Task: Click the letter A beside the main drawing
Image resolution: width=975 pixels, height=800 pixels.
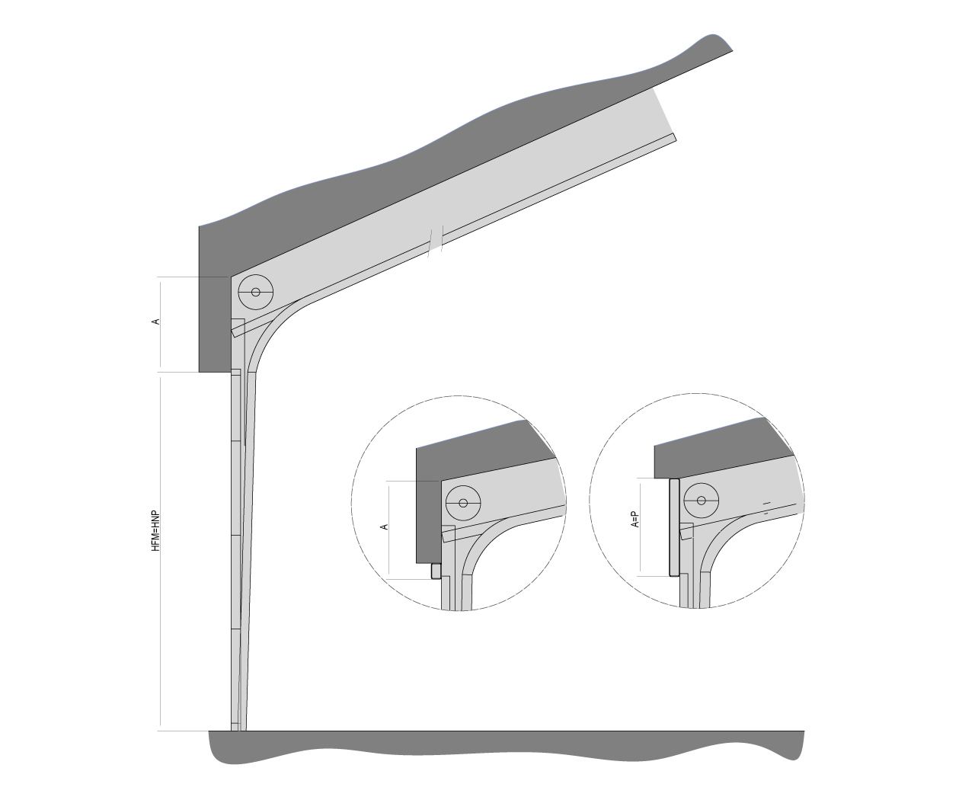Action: [x=156, y=322]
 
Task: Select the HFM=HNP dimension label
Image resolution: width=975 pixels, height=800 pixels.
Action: [x=156, y=531]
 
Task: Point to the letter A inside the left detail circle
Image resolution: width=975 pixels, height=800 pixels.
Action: [x=383, y=526]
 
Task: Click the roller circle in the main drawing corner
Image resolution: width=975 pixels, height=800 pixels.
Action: [x=256, y=292]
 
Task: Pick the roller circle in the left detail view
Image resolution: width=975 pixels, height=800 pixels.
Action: [x=463, y=503]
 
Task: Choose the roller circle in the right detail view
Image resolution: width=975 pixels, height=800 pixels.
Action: [x=702, y=501]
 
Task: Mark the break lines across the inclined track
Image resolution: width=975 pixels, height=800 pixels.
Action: [x=436, y=241]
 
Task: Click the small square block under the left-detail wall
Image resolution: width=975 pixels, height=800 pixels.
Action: [x=436, y=571]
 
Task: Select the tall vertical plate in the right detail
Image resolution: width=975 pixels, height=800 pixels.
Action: [x=674, y=527]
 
